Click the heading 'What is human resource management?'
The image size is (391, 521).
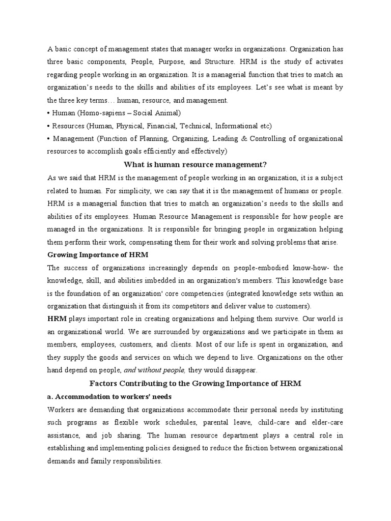tap(195, 164)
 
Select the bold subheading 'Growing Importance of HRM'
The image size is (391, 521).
tap(98, 254)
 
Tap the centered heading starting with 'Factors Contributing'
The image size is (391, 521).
tap(195, 384)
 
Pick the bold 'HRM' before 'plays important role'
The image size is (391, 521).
tap(57, 319)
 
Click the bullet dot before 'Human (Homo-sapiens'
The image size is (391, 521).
tap(49, 113)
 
